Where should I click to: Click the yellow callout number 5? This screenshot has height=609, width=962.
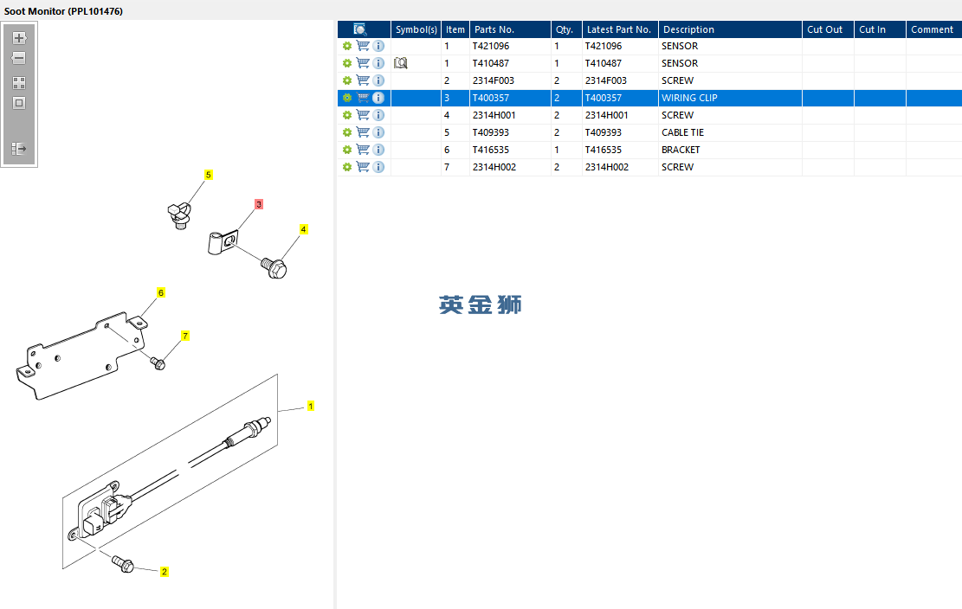[x=209, y=175]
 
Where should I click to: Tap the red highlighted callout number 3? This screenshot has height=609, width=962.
[x=259, y=204]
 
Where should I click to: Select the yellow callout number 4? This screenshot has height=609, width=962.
[x=303, y=229]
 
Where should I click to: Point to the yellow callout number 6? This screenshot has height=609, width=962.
[x=161, y=292]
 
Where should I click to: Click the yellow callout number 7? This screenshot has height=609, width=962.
[x=185, y=336]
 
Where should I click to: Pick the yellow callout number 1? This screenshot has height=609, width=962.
[x=311, y=406]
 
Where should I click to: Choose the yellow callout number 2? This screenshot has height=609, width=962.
[x=165, y=572]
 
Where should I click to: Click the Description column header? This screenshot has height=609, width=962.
[x=688, y=29]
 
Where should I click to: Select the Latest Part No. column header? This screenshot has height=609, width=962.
[x=618, y=29]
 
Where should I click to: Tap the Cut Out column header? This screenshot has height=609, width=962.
[x=824, y=29]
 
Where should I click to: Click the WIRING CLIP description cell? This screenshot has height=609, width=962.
[x=689, y=98]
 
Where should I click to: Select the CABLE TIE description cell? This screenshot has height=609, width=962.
[x=682, y=132]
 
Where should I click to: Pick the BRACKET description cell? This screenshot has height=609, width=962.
[x=681, y=150]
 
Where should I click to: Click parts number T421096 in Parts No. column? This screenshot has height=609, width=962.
[x=491, y=46]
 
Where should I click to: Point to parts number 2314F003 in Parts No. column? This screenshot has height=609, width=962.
[x=494, y=80]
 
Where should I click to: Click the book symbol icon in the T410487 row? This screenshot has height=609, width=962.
[x=401, y=63]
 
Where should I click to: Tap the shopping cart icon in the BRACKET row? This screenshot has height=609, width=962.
[x=363, y=150]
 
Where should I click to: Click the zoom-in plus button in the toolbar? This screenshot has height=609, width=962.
[x=19, y=38]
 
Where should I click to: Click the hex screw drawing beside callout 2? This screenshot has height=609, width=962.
[x=123, y=563]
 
